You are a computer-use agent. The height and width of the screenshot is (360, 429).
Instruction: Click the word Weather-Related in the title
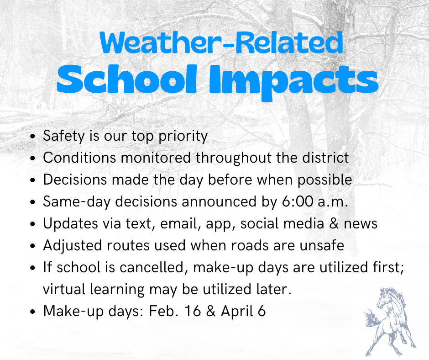coord(221,43)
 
